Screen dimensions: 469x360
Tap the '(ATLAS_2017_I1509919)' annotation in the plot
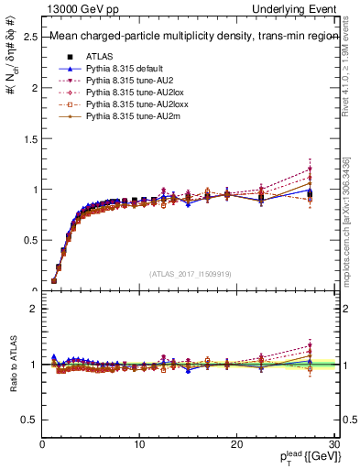point(189,273)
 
